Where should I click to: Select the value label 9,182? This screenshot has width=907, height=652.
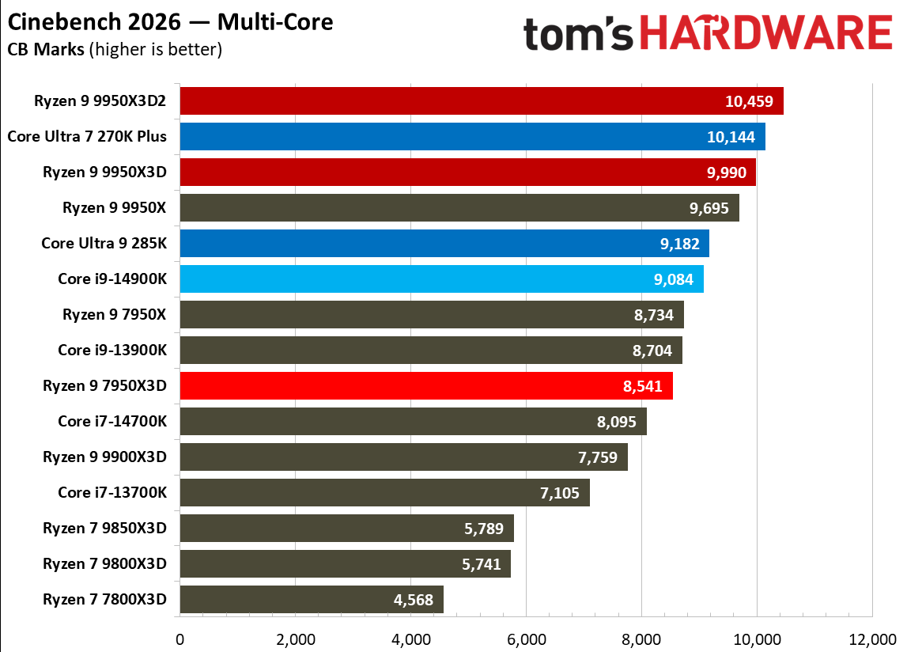pos(679,244)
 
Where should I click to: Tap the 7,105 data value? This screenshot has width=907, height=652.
pos(560,493)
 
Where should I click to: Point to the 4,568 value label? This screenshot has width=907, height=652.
pos(414,600)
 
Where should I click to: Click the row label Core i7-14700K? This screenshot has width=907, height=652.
pos(112,421)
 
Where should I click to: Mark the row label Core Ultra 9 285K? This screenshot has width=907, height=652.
pos(104,243)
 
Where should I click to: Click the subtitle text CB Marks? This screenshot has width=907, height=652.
pos(45,49)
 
